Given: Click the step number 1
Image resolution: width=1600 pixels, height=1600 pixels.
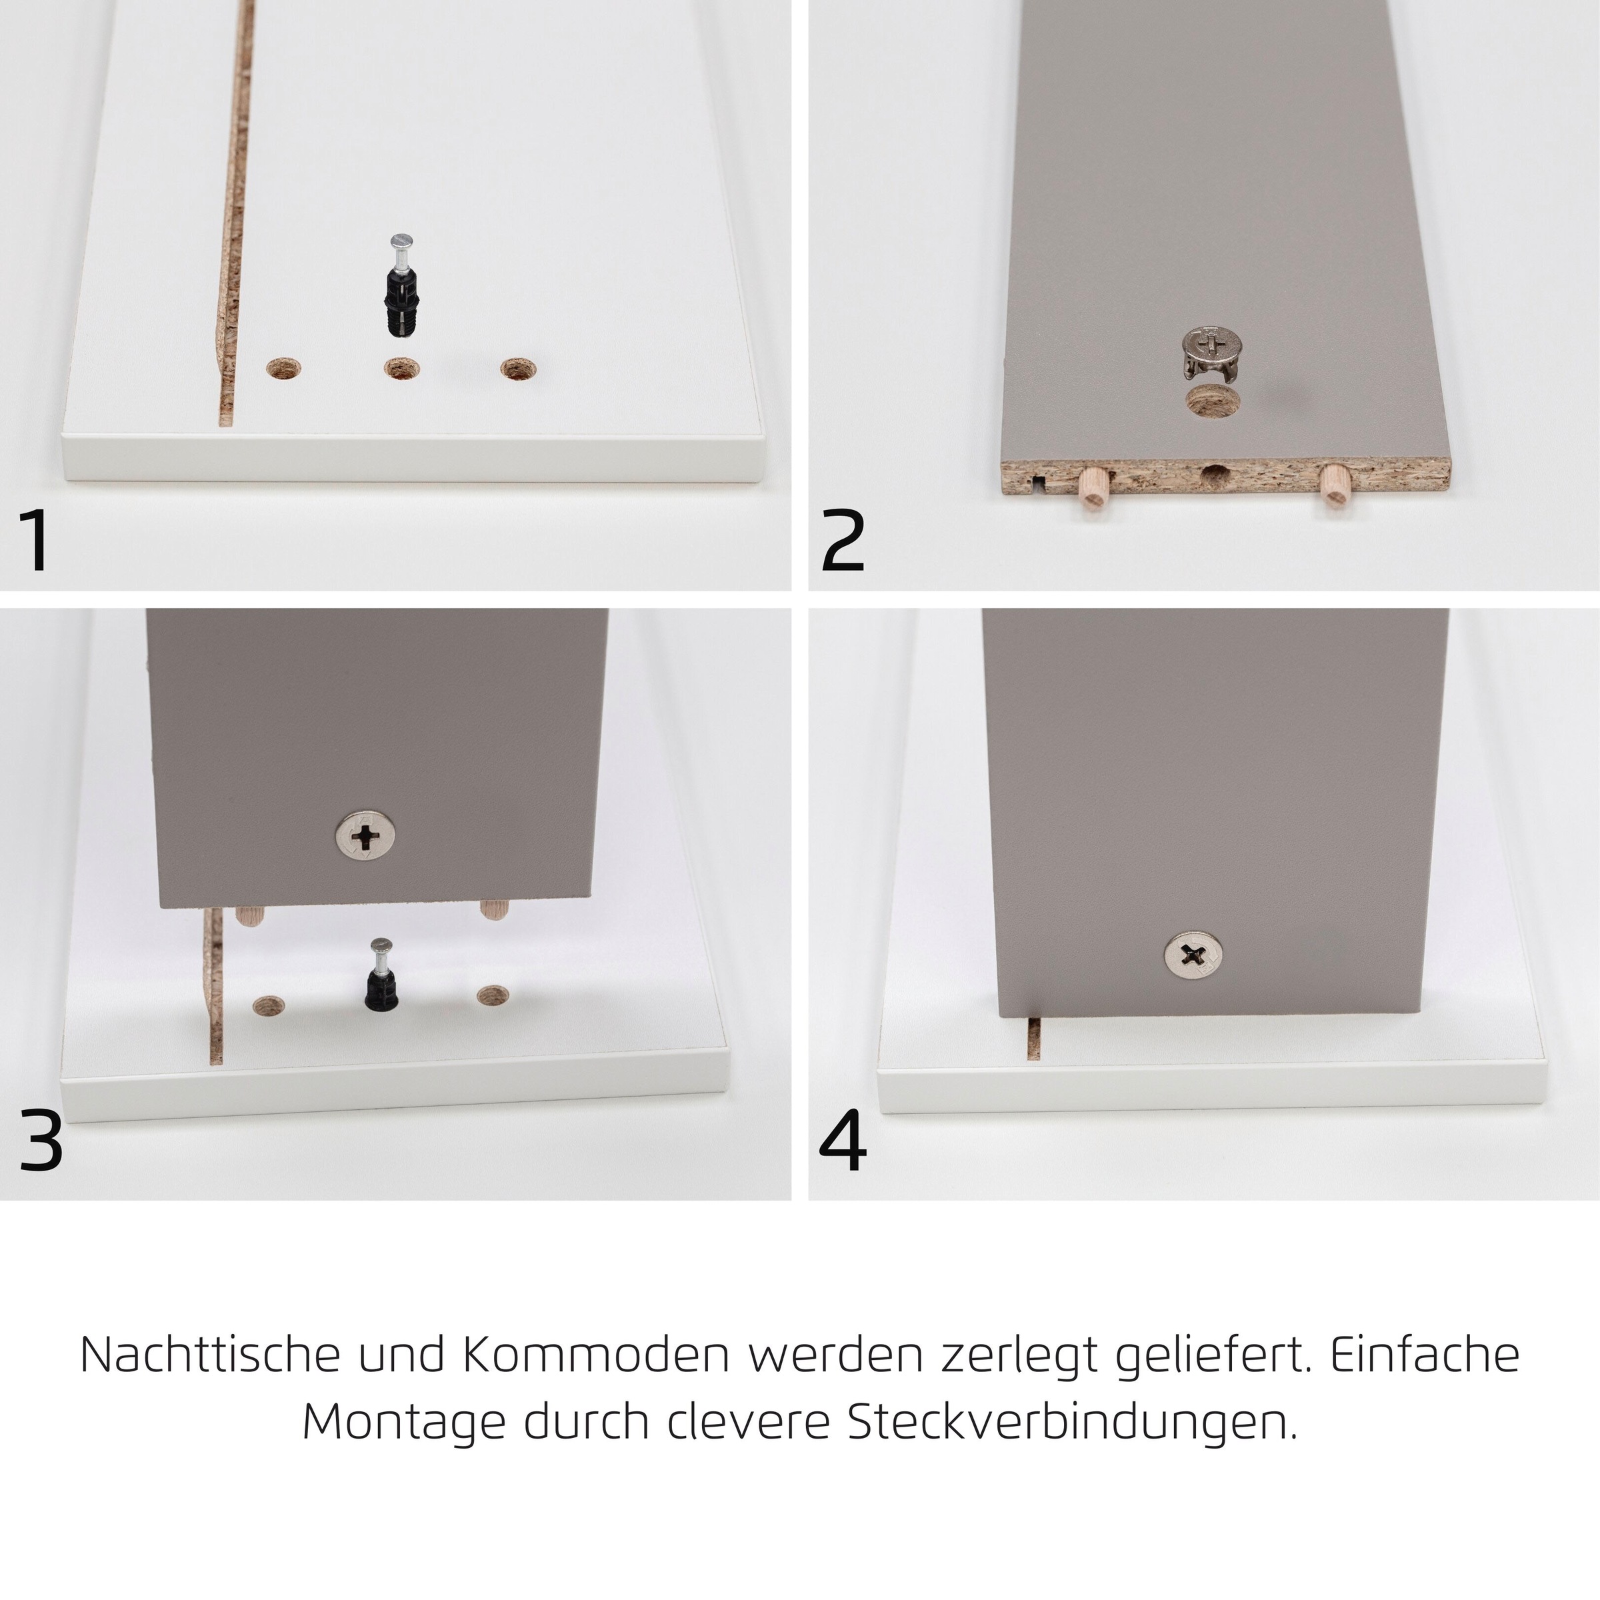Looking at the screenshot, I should pos(35,540).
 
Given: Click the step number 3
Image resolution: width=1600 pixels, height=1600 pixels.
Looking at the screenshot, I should pos(41,1142).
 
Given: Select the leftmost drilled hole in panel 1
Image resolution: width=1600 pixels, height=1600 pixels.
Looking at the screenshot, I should pos(283,369).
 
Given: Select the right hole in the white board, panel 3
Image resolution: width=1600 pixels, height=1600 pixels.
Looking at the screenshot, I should pos(493,995).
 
